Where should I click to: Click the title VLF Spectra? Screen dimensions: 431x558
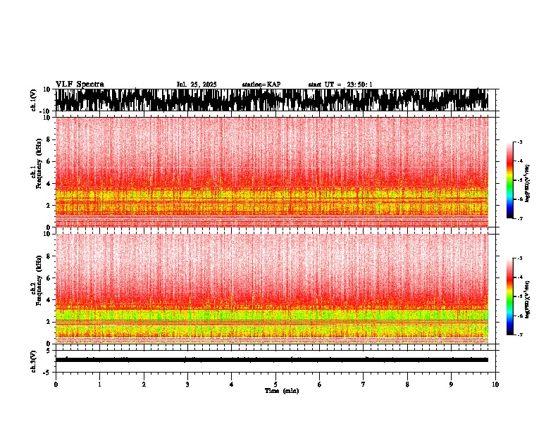[x=80, y=85]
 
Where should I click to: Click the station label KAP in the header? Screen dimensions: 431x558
[x=261, y=85]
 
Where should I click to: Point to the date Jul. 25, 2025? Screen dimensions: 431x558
[x=197, y=85]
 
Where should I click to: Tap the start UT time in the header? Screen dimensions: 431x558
[x=340, y=85]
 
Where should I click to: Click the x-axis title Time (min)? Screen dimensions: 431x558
[x=282, y=391]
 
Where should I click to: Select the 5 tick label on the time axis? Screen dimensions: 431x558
[x=275, y=385]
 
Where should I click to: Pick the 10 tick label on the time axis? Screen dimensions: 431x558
[x=496, y=385]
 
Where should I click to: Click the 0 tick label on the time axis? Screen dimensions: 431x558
[x=56, y=385]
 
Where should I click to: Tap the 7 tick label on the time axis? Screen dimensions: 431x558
[x=364, y=385]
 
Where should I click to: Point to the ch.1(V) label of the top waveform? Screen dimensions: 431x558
[x=34, y=100]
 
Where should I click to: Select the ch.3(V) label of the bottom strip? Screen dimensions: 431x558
[x=34, y=359]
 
